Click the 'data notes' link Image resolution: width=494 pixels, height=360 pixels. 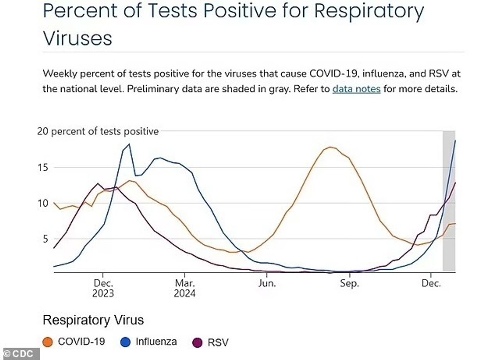pyautogui.click(x=356, y=89)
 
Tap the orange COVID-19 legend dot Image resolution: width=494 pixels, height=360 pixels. pyautogui.click(x=48, y=342)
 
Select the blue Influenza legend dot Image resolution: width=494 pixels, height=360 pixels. pyautogui.click(x=126, y=342)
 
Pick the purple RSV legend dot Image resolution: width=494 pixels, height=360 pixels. pyautogui.click(x=197, y=342)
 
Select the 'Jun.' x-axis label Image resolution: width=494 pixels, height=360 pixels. pyautogui.click(x=267, y=284)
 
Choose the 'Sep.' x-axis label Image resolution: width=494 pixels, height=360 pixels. pyautogui.click(x=349, y=284)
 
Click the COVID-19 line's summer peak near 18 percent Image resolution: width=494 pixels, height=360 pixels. pyautogui.click(x=331, y=147)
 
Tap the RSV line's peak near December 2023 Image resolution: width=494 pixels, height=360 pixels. pyautogui.click(x=98, y=183)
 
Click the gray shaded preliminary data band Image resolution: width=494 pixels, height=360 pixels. pyautogui.click(x=448, y=231)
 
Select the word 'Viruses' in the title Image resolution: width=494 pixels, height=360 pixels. pyautogui.click(x=77, y=38)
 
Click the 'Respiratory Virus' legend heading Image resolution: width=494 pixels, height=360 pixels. pyautogui.click(x=93, y=320)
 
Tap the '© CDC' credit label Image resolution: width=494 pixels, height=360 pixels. pyautogui.click(x=20, y=354)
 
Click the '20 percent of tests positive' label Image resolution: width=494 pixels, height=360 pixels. pyautogui.click(x=98, y=131)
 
